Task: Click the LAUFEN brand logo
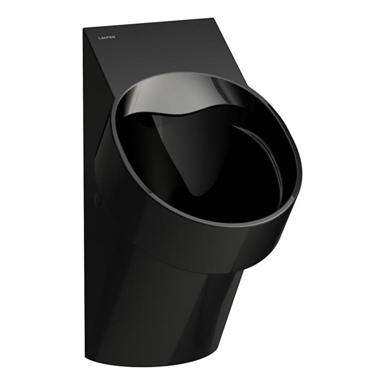pos(106,37)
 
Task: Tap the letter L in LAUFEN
pos(99,37)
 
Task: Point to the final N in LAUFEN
pos(114,37)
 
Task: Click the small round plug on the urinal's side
pos(97,200)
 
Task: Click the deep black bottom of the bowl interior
pos(231,177)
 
